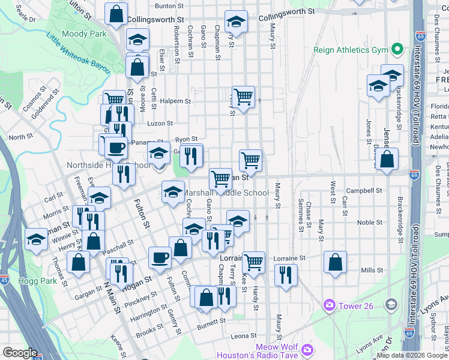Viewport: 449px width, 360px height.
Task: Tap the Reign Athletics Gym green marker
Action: (x=397, y=49)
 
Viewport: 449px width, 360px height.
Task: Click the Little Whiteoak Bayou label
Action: (x=78, y=54)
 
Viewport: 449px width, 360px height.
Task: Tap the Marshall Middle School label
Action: (x=226, y=193)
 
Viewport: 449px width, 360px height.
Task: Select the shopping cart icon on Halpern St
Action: (x=243, y=97)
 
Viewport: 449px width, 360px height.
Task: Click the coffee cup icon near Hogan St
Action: (x=160, y=258)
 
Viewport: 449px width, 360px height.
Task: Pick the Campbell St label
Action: (x=368, y=191)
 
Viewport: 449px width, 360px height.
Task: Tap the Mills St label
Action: (x=372, y=271)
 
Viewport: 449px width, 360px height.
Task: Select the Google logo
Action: (x=20, y=353)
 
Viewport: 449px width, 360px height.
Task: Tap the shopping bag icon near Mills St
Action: (x=335, y=262)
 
